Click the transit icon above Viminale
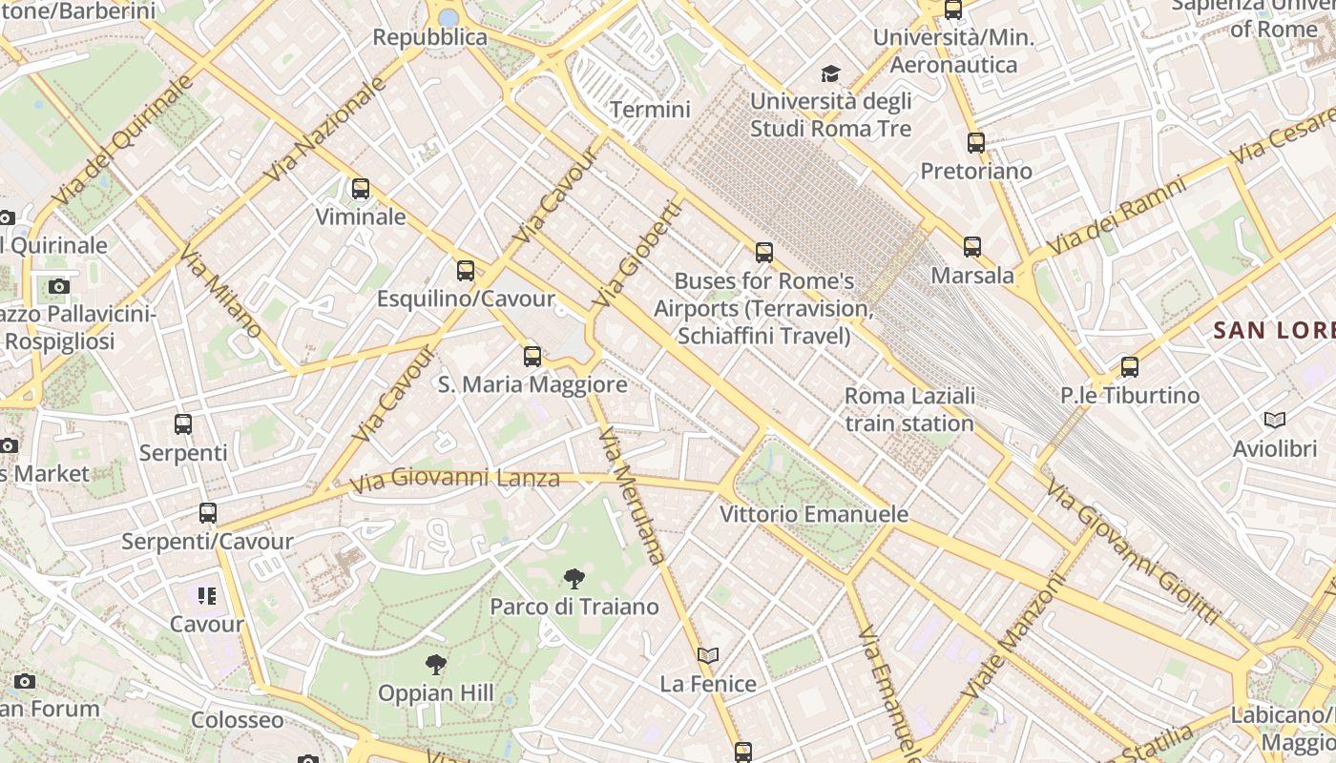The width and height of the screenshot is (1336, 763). point(360,189)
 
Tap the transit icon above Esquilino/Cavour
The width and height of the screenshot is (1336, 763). point(465,271)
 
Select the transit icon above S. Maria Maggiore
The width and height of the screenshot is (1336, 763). point(532,357)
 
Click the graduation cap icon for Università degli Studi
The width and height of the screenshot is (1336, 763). point(830,73)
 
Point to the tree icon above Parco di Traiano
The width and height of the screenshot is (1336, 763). point(574,578)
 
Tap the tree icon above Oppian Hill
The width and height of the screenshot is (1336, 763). point(435,664)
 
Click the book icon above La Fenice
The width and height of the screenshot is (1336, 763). point(707,655)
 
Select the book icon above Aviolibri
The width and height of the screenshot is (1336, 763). point(1274,420)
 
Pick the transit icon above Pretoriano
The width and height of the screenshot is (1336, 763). point(975,143)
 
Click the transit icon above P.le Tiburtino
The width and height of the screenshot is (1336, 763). point(1130,366)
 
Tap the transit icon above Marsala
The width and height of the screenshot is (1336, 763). point(971,247)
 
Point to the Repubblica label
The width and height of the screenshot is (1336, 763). point(429,38)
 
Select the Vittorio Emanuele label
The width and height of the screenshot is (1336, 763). point(813,514)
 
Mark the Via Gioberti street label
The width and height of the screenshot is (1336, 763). point(637,254)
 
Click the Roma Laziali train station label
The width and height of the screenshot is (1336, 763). point(909,409)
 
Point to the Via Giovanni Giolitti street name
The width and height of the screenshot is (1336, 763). point(1132,551)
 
